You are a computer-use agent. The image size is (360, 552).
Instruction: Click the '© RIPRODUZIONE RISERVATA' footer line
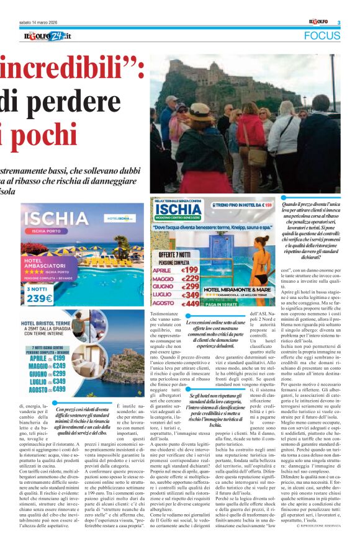(x=319, y=543)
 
